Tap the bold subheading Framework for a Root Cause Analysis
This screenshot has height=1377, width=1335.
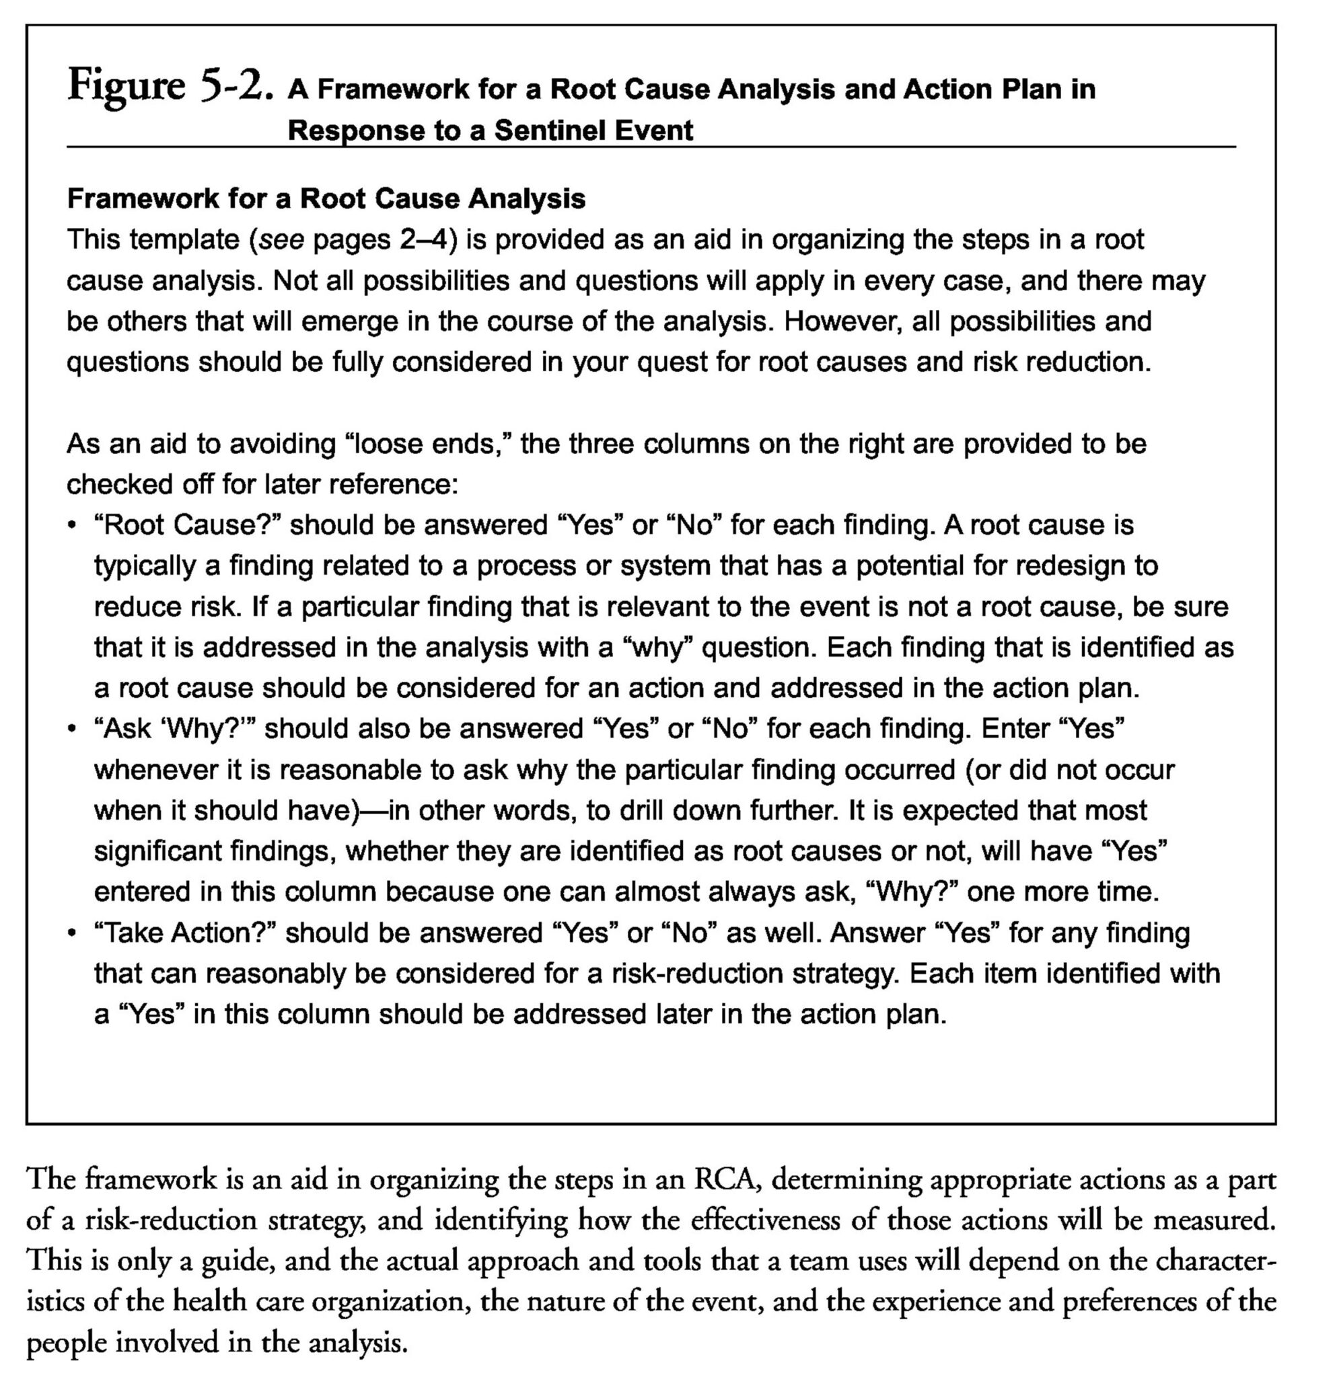[x=326, y=199]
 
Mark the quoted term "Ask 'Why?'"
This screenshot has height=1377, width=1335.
[x=176, y=730]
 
